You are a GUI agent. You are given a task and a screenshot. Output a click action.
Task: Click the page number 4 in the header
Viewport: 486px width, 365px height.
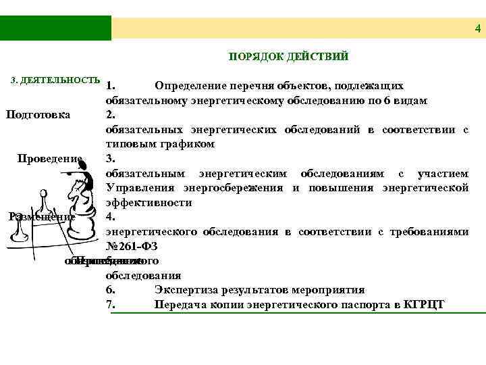tap(477, 29)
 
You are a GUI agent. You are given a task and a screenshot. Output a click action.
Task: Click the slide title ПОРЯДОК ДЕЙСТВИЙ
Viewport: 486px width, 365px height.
tap(289, 57)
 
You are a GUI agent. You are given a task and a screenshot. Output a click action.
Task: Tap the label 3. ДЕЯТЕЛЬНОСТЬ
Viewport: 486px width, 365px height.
tap(56, 80)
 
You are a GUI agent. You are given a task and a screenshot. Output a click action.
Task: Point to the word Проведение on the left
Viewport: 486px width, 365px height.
tap(49, 158)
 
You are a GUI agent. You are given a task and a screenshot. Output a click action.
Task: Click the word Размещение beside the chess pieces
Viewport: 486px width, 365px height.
tap(42, 216)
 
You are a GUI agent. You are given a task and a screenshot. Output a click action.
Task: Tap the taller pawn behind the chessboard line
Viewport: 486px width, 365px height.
tap(42, 203)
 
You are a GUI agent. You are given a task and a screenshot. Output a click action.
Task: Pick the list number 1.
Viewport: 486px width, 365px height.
tap(111, 86)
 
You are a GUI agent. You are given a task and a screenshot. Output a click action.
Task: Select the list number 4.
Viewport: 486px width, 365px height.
tap(111, 217)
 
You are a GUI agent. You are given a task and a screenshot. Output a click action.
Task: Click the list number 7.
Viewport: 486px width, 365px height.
tap(111, 304)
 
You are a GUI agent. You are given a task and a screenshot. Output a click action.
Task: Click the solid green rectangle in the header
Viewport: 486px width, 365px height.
tap(55, 28)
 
